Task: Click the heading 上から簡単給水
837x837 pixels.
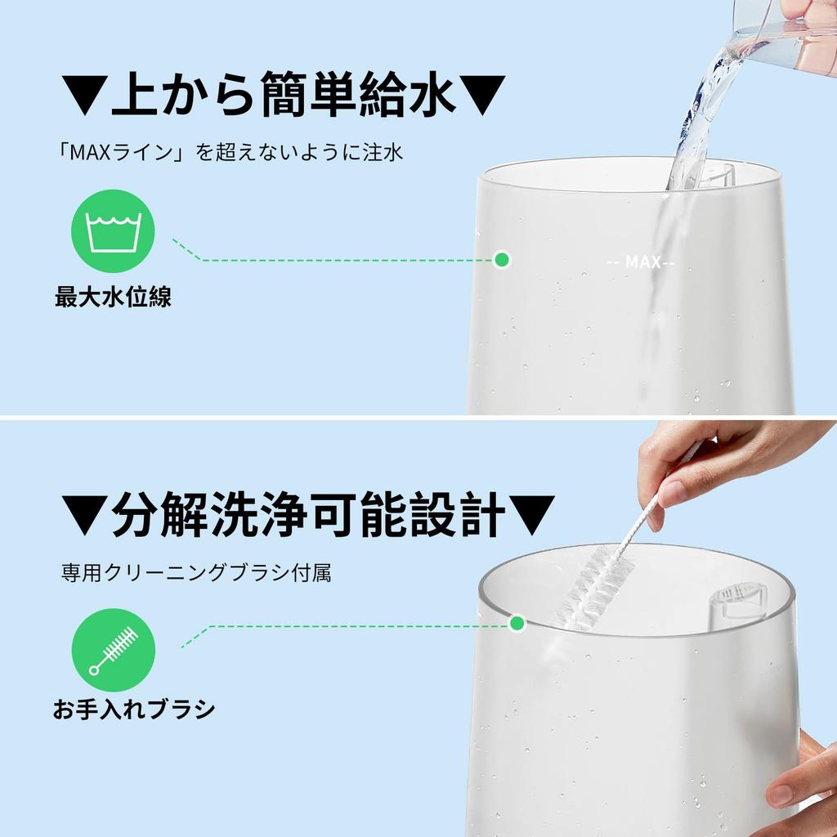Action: click(284, 94)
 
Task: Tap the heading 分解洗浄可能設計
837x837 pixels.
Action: click(308, 514)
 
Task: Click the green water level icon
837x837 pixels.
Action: click(113, 231)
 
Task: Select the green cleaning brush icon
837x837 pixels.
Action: click(113, 650)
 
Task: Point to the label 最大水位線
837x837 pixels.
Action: click(113, 297)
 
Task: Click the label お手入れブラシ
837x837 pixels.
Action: click(133, 709)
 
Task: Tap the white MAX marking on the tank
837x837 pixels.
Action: click(641, 262)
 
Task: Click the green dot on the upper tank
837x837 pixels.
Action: click(501, 260)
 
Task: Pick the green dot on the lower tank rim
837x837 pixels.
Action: click(517, 623)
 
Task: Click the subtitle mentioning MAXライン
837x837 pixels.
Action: click(229, 152)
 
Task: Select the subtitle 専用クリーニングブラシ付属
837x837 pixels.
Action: click(195, 573)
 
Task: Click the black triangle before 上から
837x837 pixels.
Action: click(84, 95)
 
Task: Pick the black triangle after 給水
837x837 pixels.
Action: click(482, 95)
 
